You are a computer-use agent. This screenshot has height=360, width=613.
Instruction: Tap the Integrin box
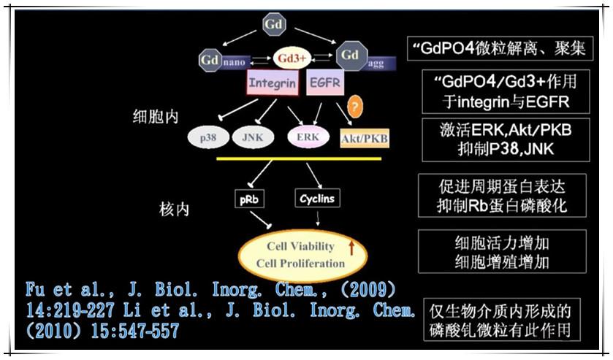tap(272, 83)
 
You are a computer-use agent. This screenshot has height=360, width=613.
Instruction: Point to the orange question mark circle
tap(356, 107)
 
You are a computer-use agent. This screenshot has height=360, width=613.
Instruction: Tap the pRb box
tap(247, 198)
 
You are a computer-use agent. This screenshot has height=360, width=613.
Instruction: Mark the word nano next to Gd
tap(235, 62)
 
